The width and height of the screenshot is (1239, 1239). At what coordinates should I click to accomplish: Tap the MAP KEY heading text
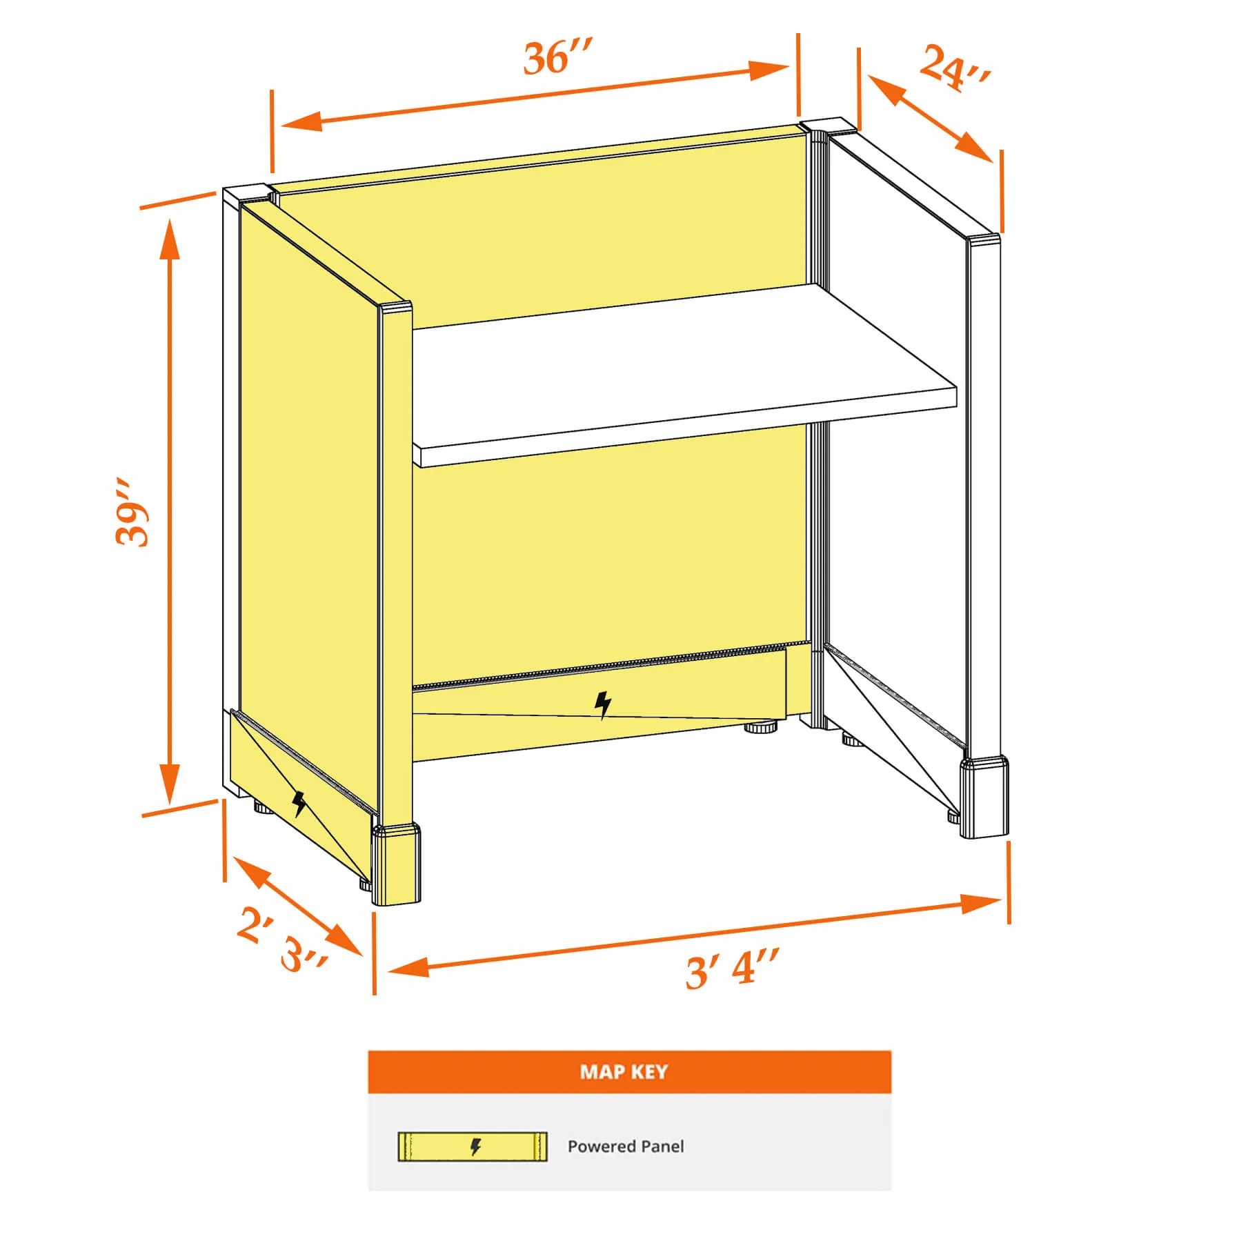[624, 1071]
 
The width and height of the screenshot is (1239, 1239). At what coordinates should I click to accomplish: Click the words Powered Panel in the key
[626, 1147]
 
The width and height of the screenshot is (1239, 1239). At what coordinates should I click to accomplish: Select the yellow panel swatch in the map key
[473, 1147]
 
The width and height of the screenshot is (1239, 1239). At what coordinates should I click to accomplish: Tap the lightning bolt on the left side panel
[299, 804]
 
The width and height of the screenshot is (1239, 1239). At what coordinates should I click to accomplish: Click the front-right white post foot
[984, 797]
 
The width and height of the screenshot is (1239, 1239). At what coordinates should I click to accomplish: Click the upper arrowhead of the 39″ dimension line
[170, 239]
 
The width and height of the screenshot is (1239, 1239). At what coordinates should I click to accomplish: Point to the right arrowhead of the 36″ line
[769, 69]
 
